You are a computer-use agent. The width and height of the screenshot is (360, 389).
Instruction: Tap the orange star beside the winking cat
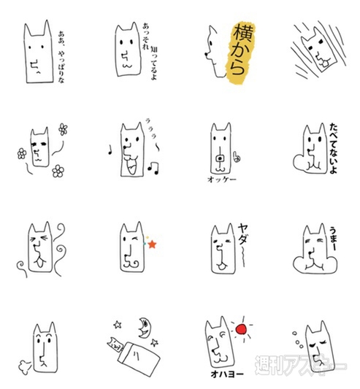coord(153,243)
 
